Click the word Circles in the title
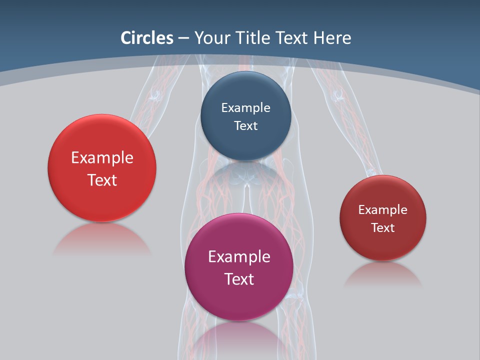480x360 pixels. click(147, 38)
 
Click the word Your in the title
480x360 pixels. click(211, 38)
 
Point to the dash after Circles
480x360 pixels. click(183, 38)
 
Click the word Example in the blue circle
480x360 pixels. click(245, 107)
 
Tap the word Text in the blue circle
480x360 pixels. click(245, 125)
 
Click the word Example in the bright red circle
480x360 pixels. click(102, 157)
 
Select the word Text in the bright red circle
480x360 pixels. click(102, 180)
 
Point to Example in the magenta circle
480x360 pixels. click(239, 256)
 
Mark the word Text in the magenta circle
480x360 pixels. click(239, 279)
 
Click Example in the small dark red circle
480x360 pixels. click(383, 209)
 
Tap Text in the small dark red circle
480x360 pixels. click(383, 227)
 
